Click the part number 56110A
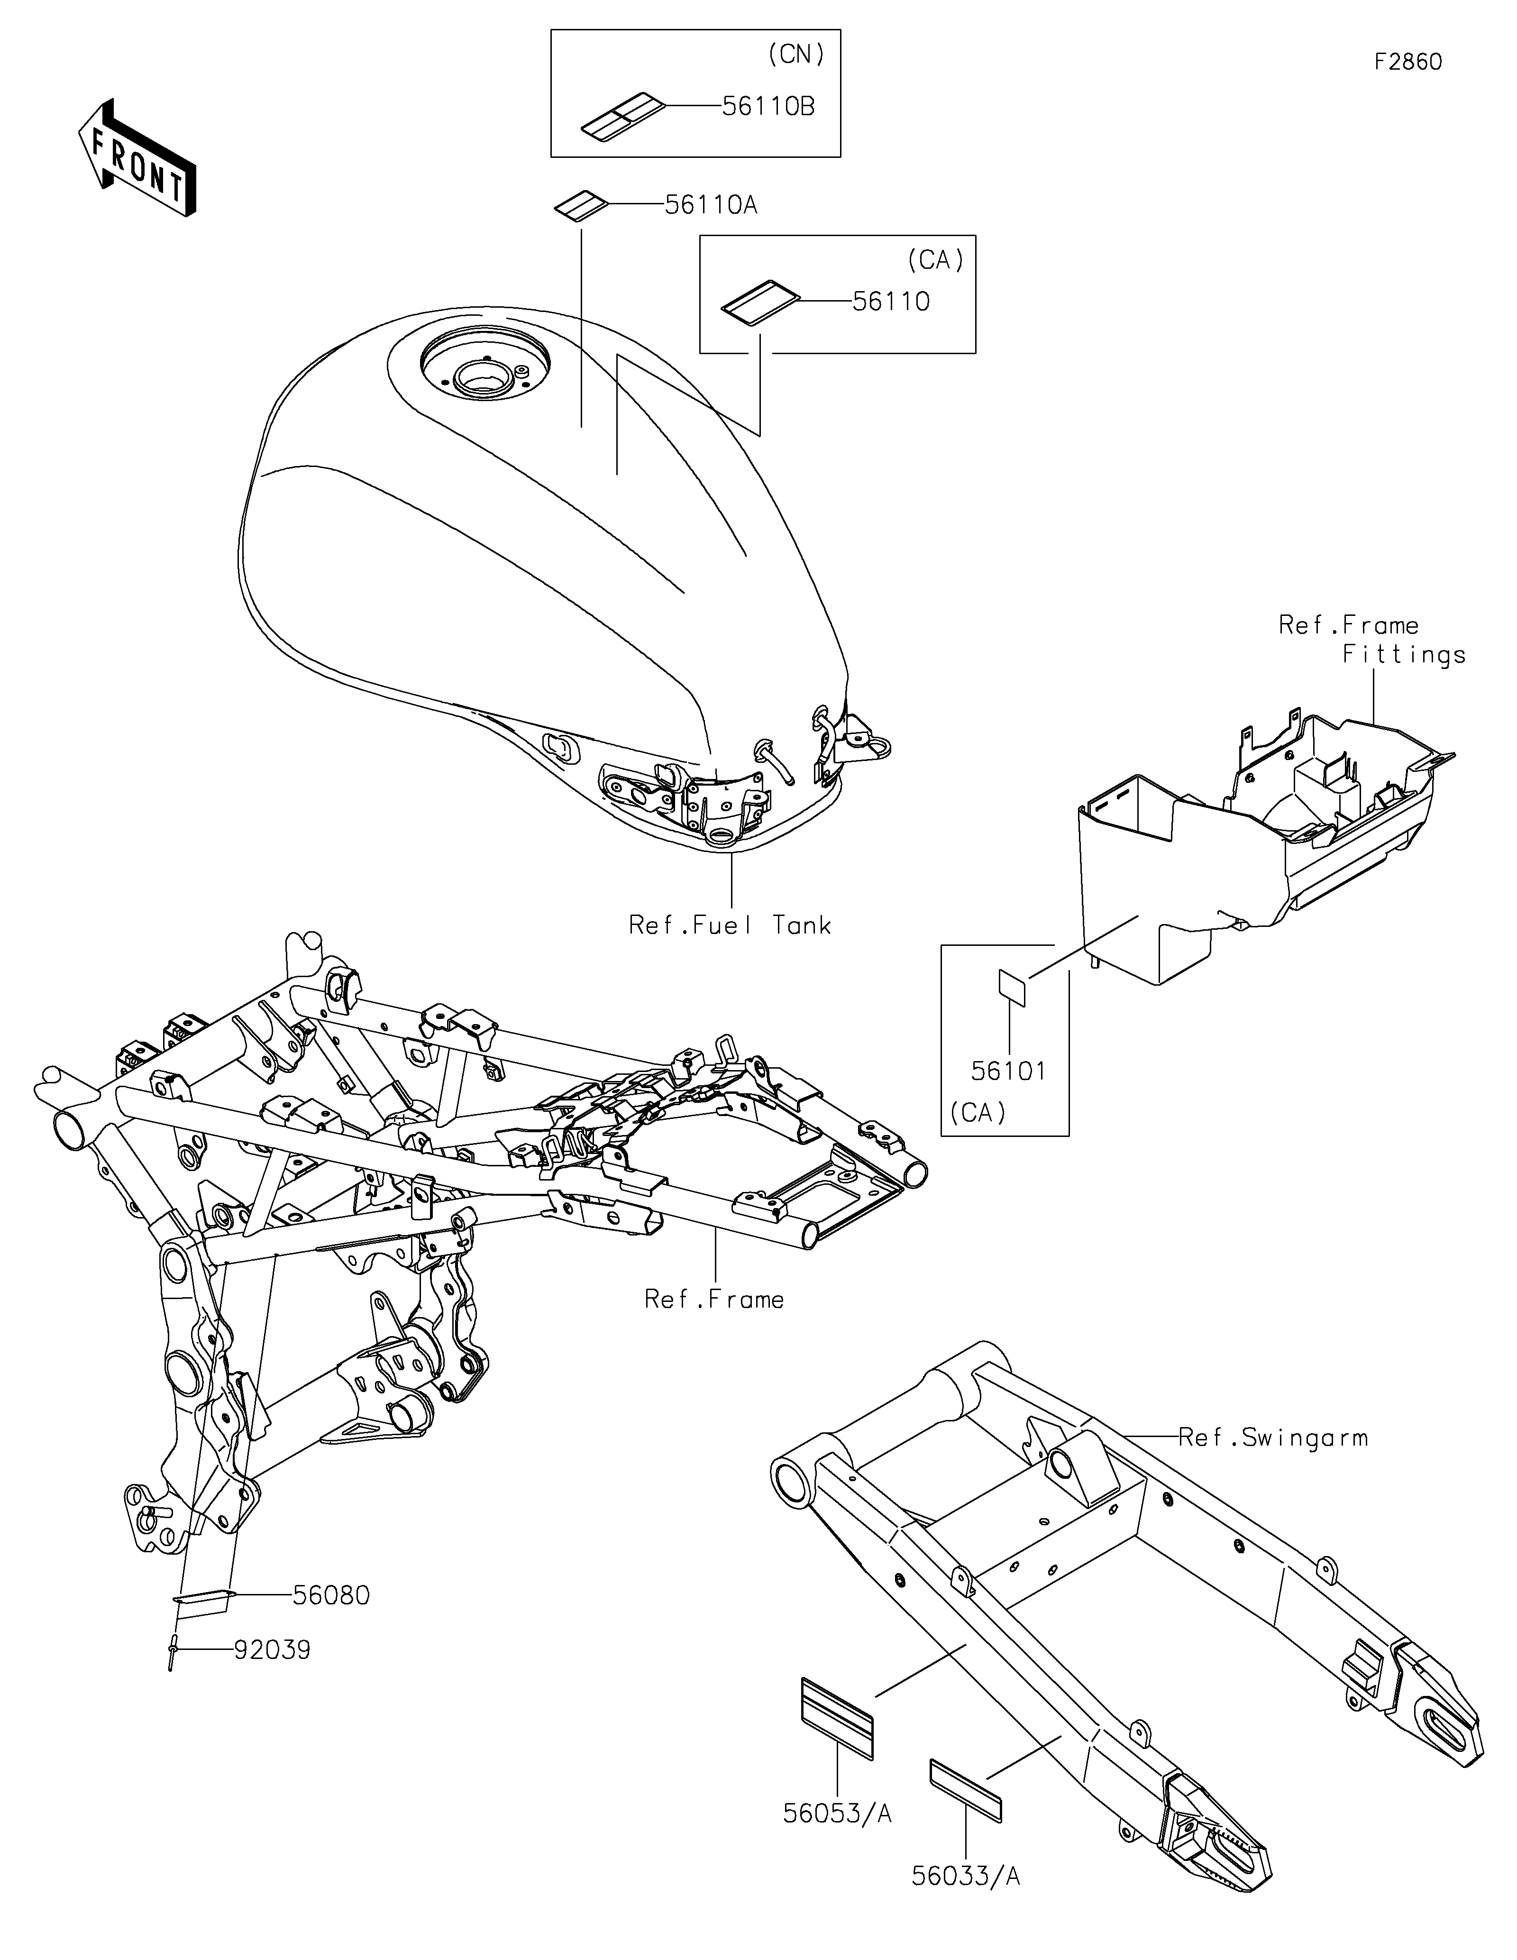(711, 205)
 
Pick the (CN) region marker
(796, 55)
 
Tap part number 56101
(1008, 1071)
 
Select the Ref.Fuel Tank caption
(729, 925)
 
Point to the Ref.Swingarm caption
(1272, 1438)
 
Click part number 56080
(331, 1595)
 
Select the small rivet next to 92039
(171, 1649)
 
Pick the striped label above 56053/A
(836, 1718)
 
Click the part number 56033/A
(966, 1876)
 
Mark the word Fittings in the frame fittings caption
(1404, 655)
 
